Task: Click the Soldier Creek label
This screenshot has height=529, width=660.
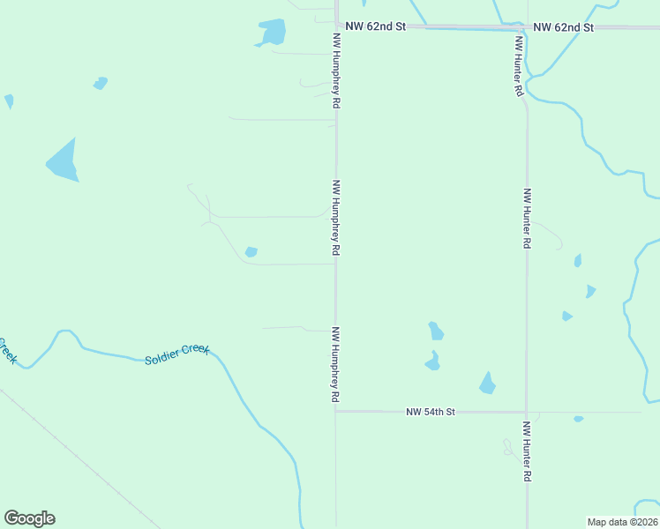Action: pos(176,354)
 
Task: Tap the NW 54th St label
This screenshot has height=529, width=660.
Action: pos(431,412)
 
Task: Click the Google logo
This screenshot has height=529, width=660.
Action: pos(29,518)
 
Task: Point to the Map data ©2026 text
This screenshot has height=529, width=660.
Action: pos(622,521)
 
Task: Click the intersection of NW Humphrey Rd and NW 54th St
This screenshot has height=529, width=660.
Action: pos(335,411)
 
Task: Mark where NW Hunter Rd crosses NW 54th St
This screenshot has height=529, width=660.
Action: pos(527,412)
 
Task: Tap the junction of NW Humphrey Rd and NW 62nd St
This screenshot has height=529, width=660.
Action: pos(336,26)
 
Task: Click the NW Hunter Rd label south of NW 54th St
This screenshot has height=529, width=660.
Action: pos(527,451)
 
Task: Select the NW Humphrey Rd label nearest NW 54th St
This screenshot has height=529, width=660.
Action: pos(336,365)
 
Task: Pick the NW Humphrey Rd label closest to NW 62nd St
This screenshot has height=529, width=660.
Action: pos(336,71)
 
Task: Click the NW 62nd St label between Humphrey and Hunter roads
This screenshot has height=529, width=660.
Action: pos(375,26)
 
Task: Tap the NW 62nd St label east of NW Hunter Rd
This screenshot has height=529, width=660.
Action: pos(564,27)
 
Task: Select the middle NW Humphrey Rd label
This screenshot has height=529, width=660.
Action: pos(336,218)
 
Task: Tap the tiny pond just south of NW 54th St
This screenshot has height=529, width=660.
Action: pos(578,419)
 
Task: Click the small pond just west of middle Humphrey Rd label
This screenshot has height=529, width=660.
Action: pos(251,252)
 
